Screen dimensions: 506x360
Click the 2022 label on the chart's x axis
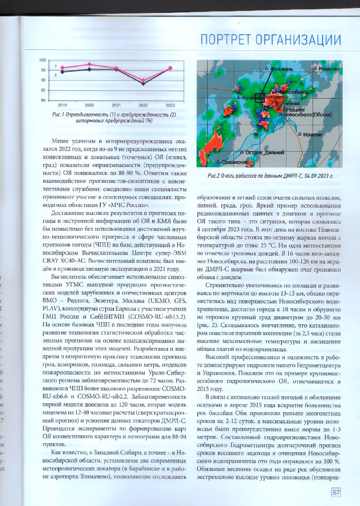143,105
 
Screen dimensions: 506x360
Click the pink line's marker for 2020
89,64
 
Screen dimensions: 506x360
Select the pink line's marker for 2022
143,80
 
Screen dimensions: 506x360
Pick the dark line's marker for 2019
62,72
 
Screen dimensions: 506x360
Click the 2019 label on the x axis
62,105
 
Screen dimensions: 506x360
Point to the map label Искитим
313,134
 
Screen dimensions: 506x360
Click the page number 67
336,492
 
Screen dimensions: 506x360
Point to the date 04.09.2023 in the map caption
307,176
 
